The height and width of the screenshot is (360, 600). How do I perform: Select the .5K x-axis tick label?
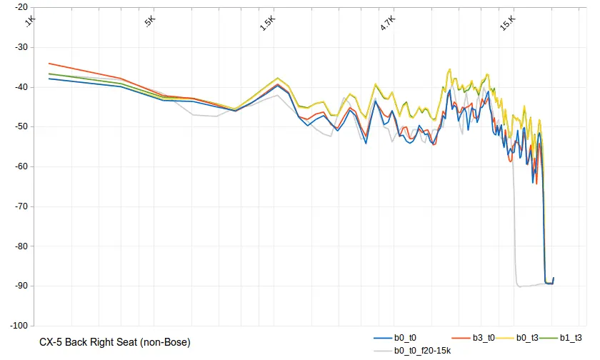[x=150, y=21]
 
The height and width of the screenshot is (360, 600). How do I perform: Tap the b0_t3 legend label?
[x=527, y=337]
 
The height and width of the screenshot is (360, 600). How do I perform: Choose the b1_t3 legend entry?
[x=571, y=337]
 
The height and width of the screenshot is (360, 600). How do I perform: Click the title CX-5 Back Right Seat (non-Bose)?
[x=115, y=342]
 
